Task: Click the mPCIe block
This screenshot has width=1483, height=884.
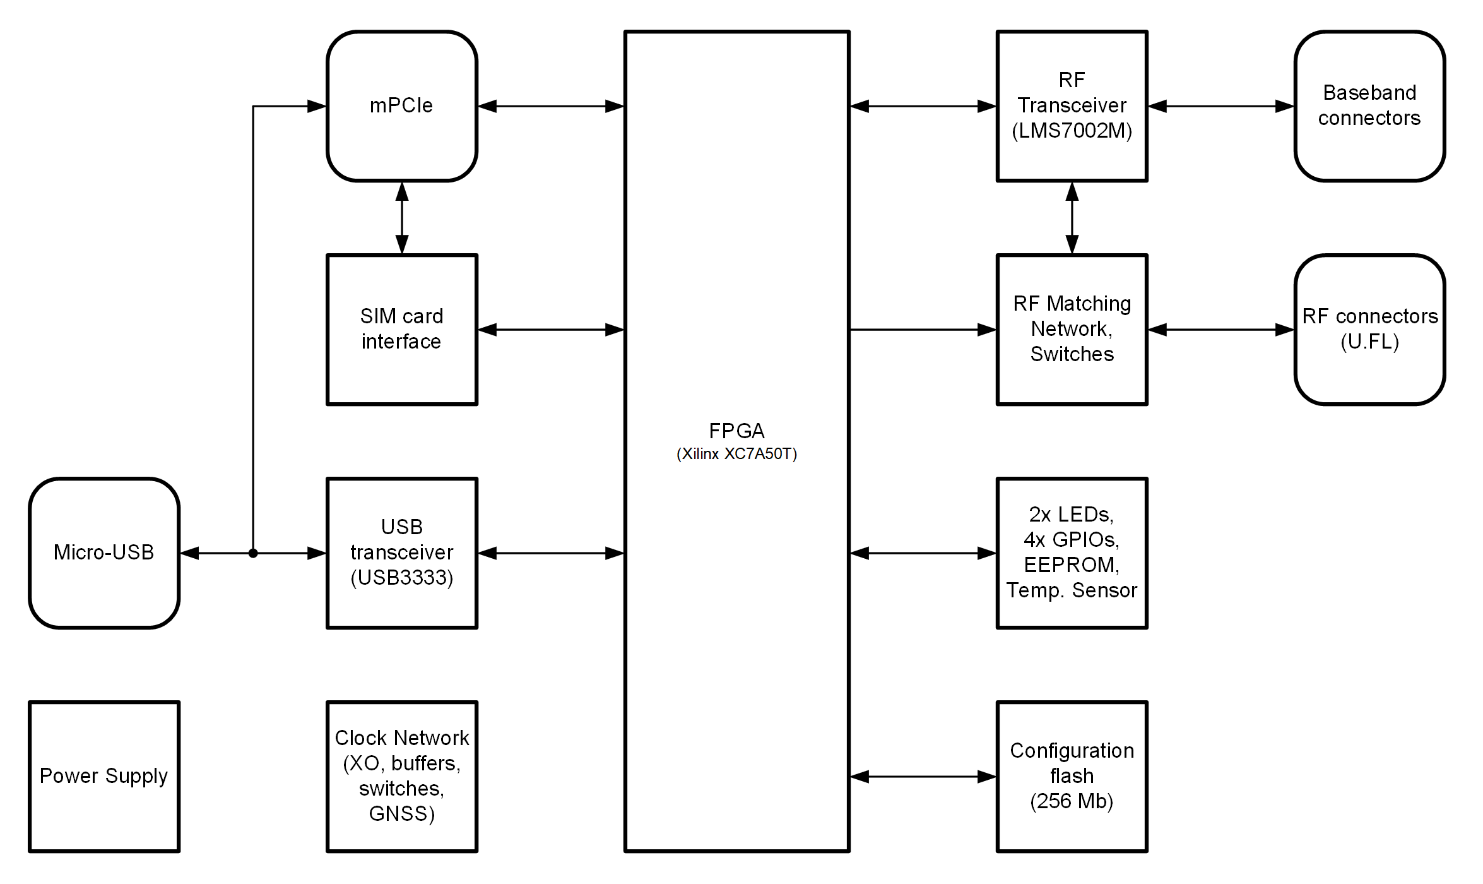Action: (x=401, y=106)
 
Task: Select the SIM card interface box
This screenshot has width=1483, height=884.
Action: (x=401, y=329)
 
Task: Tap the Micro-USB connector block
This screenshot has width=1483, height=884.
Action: (x=104, y=552)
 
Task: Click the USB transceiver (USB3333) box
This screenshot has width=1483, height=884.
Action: (x=401, y=552)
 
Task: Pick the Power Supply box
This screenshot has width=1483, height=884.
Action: (x=104, y=776)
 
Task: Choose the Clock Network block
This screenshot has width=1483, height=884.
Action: (x=401, y=776)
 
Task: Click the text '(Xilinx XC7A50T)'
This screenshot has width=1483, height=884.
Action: (x=736, y=454)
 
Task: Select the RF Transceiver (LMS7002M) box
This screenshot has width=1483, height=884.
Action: (x=1072, y=106)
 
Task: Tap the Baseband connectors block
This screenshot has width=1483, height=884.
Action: (x=1369, y=106)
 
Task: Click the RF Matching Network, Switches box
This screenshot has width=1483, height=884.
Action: (x=1072, y=329)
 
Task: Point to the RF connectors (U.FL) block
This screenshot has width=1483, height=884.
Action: (x=1369, y=329)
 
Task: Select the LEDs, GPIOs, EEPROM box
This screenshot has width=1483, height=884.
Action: (x=1072, y=552)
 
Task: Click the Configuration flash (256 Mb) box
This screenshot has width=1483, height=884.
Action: (x=1072, y=776)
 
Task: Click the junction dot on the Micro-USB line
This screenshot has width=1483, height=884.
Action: (x=253, y=553)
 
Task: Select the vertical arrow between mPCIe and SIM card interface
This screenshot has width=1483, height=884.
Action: (x=402, y=218)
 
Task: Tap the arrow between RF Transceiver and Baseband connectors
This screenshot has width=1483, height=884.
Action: (x=1220, y=106)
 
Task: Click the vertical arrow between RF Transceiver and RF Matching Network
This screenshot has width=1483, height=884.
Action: (x=1072, y=218)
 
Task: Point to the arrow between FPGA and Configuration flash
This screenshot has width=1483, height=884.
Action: (x=923, y=776)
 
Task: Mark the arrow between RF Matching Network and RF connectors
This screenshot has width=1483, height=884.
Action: (x=1220, y=330)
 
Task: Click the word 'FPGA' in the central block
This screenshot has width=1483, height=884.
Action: (x=736, y=431)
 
